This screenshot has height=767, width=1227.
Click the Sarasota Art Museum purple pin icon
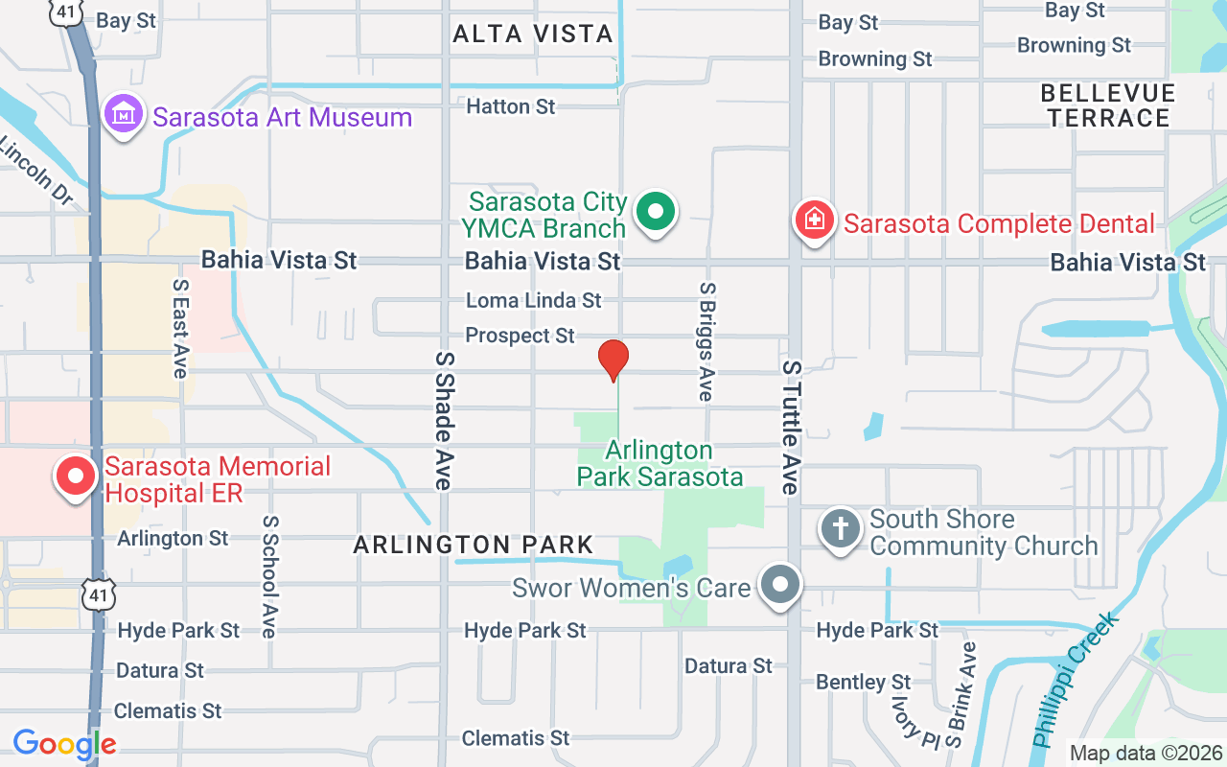click(123, 115)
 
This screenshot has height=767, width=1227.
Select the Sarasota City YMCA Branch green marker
click(657, 212)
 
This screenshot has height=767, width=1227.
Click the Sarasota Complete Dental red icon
click(814, 221)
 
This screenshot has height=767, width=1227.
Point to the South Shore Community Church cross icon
click(841, 528)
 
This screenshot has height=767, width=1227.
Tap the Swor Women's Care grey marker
click(780, 584)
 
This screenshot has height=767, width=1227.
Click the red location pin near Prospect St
click(613, 360)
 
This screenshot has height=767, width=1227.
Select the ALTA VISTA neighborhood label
click(532, 35)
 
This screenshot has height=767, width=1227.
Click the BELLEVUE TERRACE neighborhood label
click(1107, 105)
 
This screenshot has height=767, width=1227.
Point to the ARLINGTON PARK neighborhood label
click(474, 546)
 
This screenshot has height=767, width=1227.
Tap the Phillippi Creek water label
click(1076, 681)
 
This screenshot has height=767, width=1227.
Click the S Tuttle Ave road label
click(791, 428)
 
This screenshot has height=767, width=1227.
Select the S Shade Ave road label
click(443, 420)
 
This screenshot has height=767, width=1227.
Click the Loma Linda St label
click(534, 300)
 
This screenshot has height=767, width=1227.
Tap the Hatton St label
click(510, 106)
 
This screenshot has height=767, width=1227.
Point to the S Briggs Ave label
click(706, 341)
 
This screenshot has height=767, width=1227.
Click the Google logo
click(64, 744)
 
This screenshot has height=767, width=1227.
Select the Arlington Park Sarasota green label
click(660, 463)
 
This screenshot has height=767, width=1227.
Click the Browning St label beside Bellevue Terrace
click(1074, 45)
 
